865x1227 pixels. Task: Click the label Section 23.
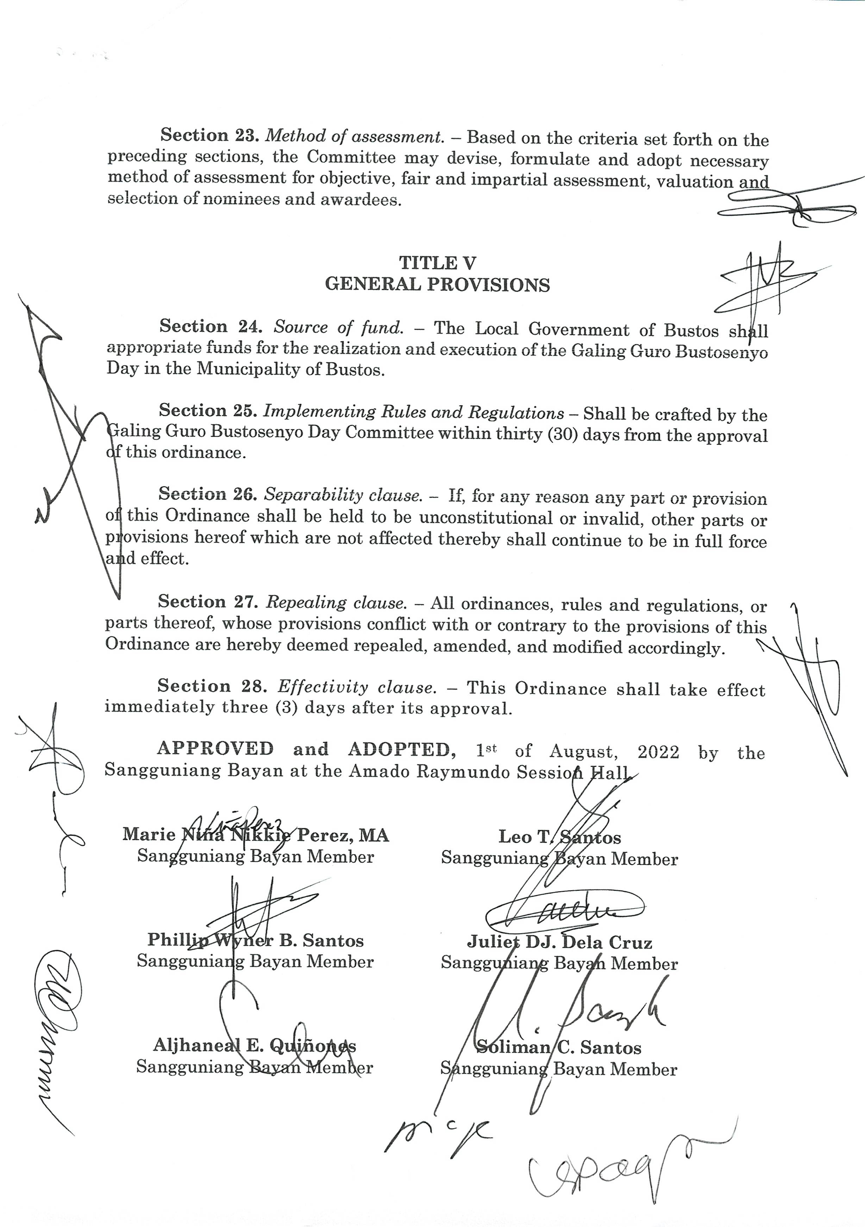(x=209, y=135)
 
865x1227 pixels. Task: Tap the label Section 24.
(x=208, y=326)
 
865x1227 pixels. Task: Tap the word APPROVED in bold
(x=215, y=749)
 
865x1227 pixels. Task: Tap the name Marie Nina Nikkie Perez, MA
(x=255, y=835)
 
